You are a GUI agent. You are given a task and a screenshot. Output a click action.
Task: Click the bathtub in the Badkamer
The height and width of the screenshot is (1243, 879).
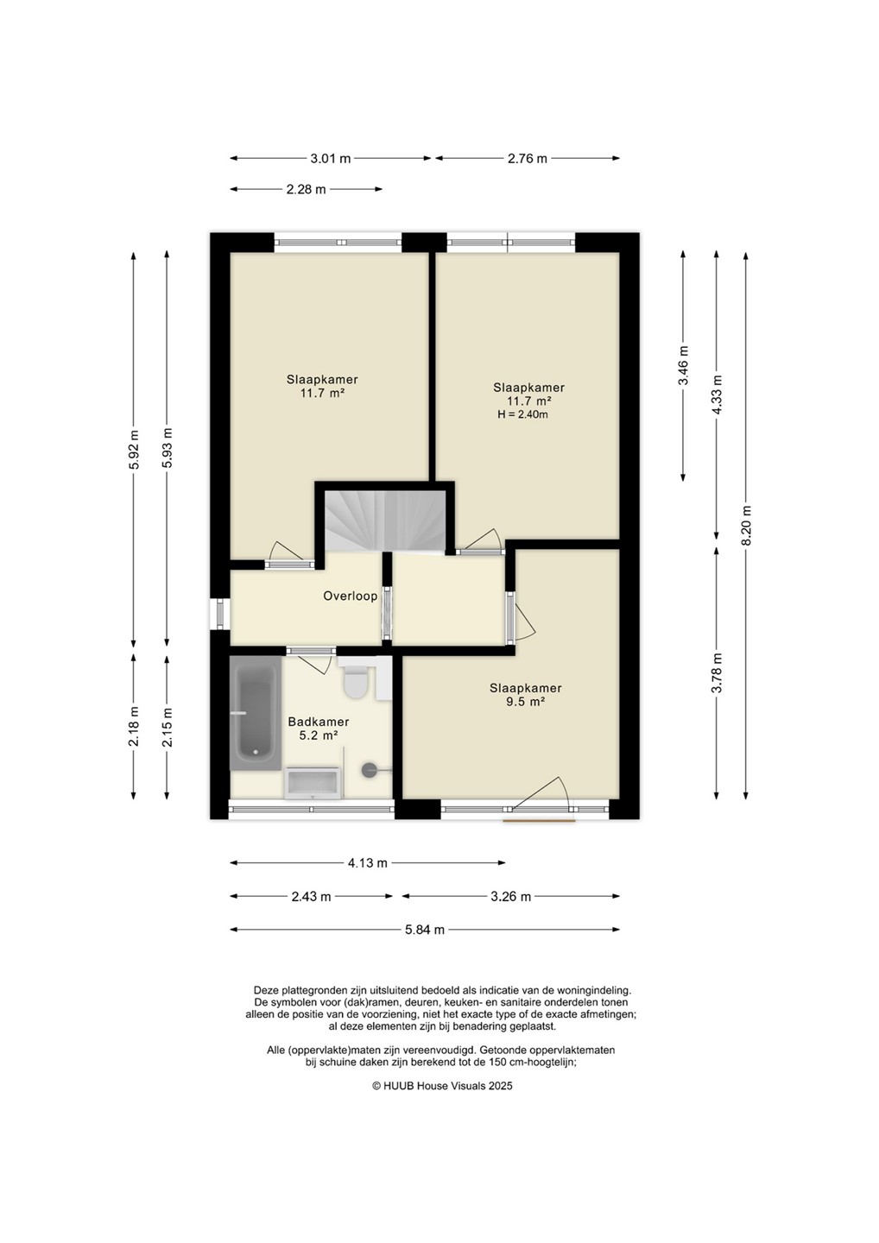[256, 713]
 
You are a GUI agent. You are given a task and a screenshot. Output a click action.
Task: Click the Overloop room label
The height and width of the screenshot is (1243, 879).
[351, 596]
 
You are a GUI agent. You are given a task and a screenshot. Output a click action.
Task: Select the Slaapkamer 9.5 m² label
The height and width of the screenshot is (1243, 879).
[525, 694]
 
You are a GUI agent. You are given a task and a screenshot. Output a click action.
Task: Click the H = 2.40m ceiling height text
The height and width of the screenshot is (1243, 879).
[522, 414]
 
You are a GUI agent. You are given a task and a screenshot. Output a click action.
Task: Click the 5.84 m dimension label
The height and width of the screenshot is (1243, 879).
[425, 930]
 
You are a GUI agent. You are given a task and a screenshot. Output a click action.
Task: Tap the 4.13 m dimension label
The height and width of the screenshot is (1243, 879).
[367, 863]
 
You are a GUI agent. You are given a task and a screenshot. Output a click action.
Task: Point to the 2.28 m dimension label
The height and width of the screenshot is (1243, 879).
[306, 189]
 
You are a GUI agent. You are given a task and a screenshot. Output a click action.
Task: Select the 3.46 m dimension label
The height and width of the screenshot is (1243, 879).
[684, 365]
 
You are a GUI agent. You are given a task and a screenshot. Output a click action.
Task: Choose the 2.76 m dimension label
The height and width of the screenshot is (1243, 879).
[528, 159]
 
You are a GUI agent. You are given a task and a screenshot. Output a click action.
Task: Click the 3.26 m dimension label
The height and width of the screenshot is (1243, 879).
[510, 896]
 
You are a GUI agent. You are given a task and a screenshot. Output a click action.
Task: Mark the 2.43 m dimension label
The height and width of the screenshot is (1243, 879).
[311, 896]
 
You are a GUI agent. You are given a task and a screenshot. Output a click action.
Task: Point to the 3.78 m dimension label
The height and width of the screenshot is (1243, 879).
[718, 672]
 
